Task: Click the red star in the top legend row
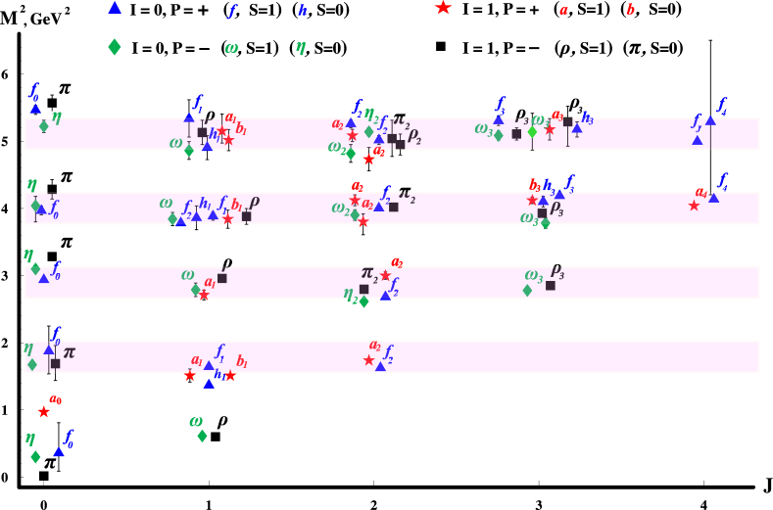[x=443, y=8]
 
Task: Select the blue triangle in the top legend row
[x=115, y=8]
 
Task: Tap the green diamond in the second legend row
[x=115, y=46]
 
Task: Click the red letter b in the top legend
[x=630, y=10]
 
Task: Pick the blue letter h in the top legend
[x=303, y=10]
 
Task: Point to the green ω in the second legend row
[x=231, y=47]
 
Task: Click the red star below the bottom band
[x=44, y=412]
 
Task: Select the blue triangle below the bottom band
[x=59, y=451]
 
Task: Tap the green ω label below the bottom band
[x=196, y=421]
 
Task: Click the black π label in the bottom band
[x=69, y=351]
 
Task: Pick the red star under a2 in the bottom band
[x=369, y=360]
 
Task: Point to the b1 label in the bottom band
[x=242, y=361]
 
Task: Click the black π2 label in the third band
[x=369, y=273]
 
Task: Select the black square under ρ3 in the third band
[x=551, y=286]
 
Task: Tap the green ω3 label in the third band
[x=533, y=275]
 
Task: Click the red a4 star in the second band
[x=694, y=206]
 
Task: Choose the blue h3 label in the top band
[x=587, y=117]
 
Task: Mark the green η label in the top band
[x=57, y=116]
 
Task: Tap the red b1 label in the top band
[x=241, y=128]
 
